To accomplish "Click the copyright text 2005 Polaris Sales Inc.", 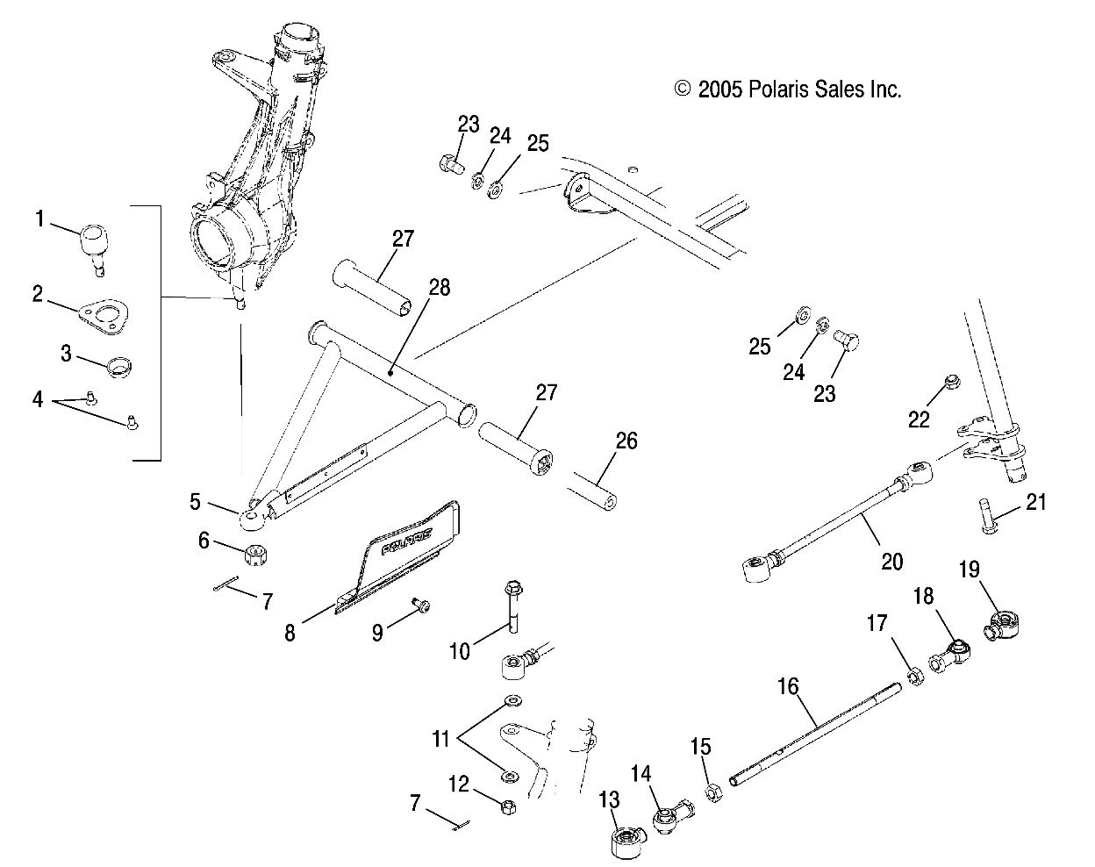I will (x=787, y=89).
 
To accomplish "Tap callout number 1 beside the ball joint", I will (x=39, y=219).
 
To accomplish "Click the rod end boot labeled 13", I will (x=625, y=842).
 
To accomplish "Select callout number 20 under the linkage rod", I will (x=891, y=560).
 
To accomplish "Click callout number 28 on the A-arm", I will (x=439, y=288).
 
